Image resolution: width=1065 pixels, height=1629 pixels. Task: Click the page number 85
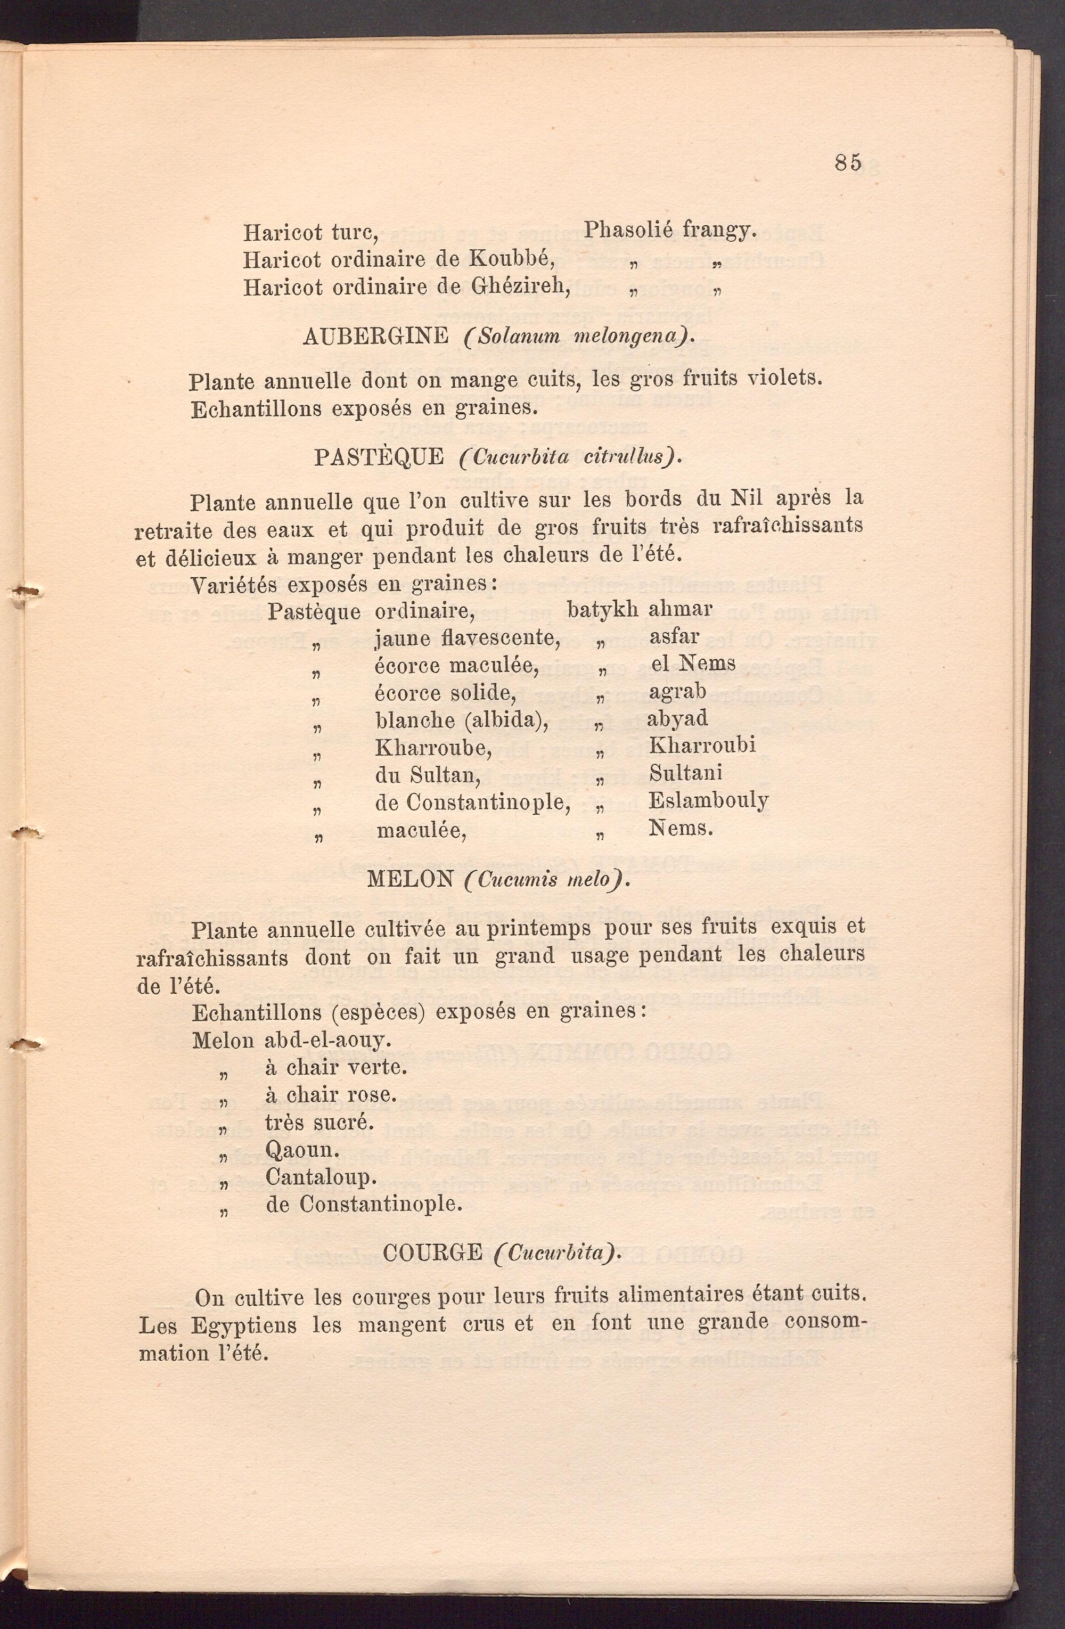pyautogui.click(x=848, y=162)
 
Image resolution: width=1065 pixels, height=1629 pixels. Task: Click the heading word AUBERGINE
pyautogui.click(x=375, y=335)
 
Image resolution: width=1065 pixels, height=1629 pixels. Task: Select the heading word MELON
pyautogui.click(x=410, y=879)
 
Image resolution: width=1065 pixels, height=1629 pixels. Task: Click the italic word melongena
pyautogui.click(x=628, y=337)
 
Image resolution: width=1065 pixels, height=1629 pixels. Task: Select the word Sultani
pyautogui.click(x=685, y=773)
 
